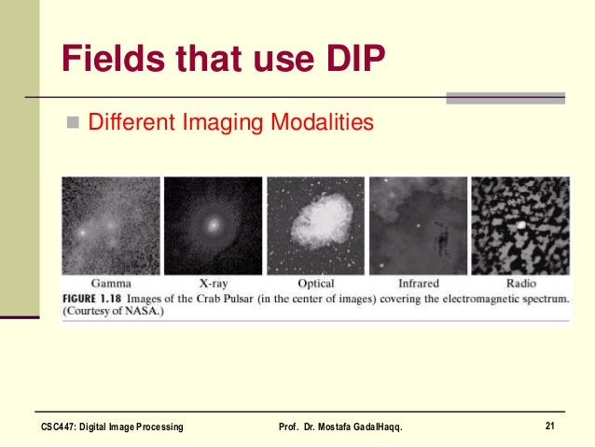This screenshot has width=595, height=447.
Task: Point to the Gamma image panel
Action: click(x=111, y=225)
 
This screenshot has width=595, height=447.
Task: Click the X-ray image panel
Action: click(x=214, y=225)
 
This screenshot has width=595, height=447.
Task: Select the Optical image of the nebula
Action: click(x=316, y=225)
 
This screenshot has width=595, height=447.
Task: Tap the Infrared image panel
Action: click(x=418, y=225)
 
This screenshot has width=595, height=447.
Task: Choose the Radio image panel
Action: click(x=519, y=225)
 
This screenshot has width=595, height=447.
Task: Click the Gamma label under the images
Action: click(x=111, y=283)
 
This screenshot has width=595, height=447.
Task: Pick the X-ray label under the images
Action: click(x=214, y=283)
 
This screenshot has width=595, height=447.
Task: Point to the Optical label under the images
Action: click(x=316, y=283)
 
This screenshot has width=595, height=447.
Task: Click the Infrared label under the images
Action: click(x=418, y=283)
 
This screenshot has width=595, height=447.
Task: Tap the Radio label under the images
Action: click(x=519, y=283)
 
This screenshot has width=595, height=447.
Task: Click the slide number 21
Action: click(x=550, y=426)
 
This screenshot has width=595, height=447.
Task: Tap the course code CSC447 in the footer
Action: click(x=61, y=427)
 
